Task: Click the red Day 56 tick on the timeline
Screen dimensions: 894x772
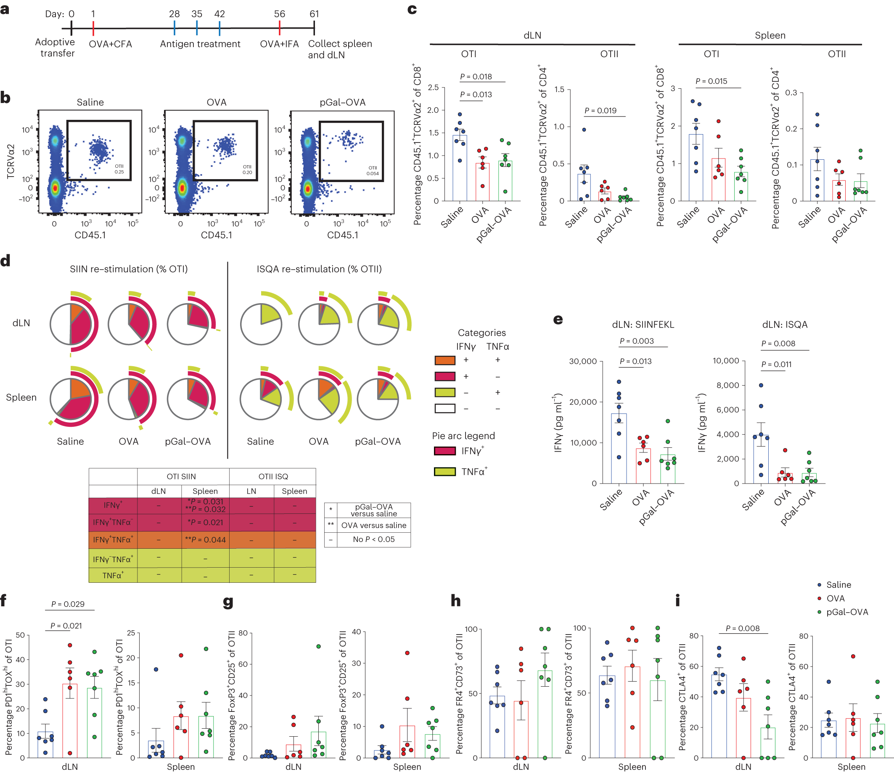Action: (x=280, y=28)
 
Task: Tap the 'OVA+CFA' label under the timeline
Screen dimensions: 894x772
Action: (x=111, y=44)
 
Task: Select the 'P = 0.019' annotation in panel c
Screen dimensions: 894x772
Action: (x=600, y=111)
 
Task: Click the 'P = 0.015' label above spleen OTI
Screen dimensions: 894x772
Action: (x=711, y=81)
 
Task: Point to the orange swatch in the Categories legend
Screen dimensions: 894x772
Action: (x=445, y=360)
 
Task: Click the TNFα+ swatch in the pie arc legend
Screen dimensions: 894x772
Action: (x=445, y=472)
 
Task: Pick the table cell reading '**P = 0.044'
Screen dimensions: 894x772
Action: (x=205, y=540)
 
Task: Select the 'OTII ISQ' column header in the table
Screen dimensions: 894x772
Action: (x=273, y=476)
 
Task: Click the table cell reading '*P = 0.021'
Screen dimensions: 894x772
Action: (x=205, y=522)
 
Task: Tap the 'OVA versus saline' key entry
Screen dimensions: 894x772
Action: (x=374, y=525)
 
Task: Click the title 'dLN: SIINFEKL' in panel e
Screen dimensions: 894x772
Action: (x=643, y=325)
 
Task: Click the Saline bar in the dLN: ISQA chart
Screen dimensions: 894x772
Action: (x=761, y=459)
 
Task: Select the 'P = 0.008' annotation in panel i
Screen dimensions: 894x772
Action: (x=743, y=628)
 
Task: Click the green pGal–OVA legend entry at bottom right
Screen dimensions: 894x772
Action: (x=843, y=612)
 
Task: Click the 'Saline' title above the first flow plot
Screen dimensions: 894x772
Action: (x=90, y=102)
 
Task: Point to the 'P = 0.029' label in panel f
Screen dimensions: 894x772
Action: (x=68, y=604)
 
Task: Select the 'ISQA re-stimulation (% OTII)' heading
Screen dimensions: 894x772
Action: (x=319, y=269)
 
